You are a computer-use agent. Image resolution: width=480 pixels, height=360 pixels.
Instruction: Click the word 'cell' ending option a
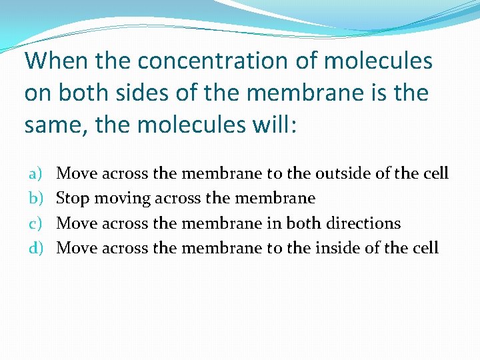coord(436,174)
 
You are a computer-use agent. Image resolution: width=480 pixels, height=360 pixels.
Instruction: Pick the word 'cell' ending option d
coord(426,248)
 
